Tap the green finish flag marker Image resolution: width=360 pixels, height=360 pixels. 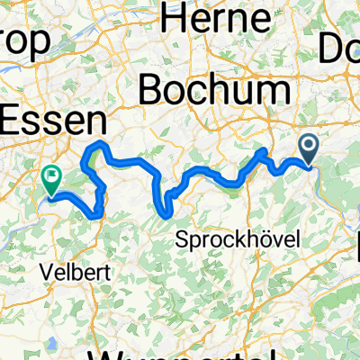[x=52, y=180]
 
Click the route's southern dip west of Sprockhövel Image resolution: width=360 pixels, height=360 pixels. [x=166, y=213]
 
